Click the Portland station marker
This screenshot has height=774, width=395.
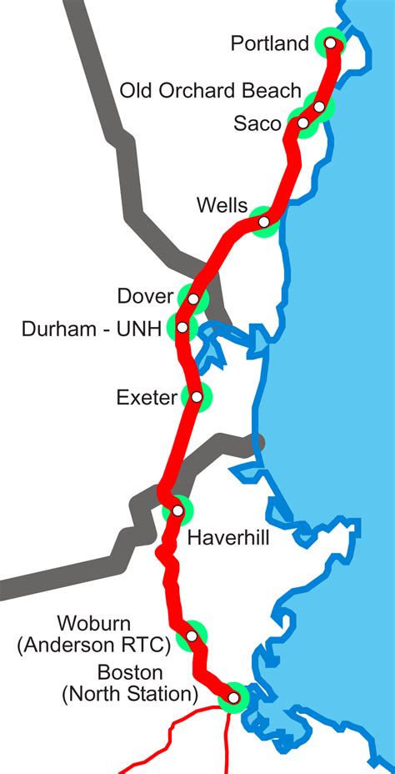(x=331, y=43)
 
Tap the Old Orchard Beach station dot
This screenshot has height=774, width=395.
(x=319, y=107)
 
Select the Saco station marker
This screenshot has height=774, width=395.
(x=302, y=123)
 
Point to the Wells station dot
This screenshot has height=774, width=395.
(x=264, y=222)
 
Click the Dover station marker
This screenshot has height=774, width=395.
(x=193, y=299)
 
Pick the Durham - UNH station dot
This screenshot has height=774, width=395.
(x=182, y=328)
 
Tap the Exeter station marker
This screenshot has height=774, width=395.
(x=197, y=397)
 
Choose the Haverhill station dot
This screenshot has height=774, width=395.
(x=177, y=510)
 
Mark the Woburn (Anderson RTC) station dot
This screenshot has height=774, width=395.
(x=192, y=636)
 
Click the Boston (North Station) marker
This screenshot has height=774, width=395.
(x=234, y=697)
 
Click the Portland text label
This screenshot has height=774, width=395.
(x=270, y=44)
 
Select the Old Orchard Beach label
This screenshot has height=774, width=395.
(x=210, y=90)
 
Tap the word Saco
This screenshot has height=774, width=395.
(x=258, y=124)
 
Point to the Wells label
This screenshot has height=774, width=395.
(x=222, y=205)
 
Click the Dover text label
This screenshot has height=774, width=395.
(x=145, y=296)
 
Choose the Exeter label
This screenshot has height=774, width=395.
(x=147, y=397)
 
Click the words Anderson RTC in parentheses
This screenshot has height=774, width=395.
(x=93, y=644)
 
